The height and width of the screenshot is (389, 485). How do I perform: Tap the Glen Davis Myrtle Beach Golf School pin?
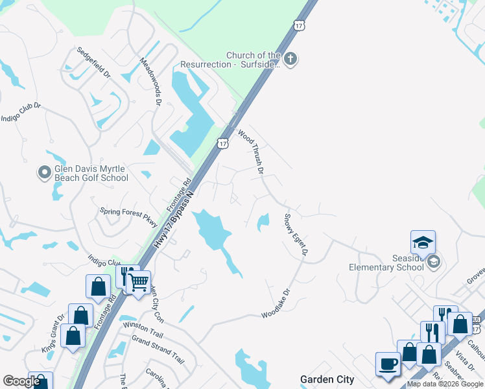pyautogui.click(x=45, y=172)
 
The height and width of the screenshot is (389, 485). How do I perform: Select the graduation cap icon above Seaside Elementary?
pyautogui.click(x=422, y=242)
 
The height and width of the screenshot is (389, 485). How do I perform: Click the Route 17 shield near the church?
pyautogui.click(x=298, y=25)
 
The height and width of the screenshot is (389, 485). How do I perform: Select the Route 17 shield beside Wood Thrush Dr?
pyautogui.click(x=223, y=143)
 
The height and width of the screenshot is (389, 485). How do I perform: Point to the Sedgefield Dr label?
pyautogui.click(x=94, y=62)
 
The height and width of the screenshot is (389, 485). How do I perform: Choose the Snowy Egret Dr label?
pyautogui.click(x=294, y=235)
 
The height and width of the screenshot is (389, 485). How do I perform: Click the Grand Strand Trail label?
pyautogui.click(x=158, y=348)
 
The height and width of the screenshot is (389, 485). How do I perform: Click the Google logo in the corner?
pyautogui.click(x=22, y=381)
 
